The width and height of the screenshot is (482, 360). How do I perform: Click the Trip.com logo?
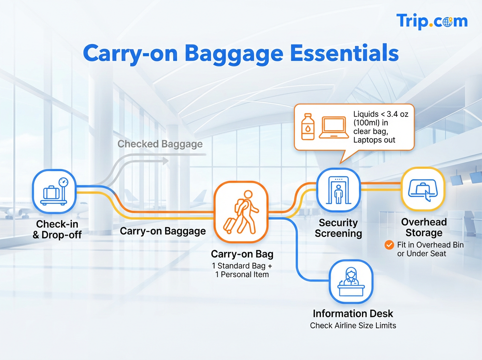(x=431, y=21)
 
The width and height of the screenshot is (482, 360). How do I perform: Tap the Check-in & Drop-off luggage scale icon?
(x=54, y=191)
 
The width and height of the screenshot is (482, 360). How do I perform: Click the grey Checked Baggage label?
(x=160, y=144)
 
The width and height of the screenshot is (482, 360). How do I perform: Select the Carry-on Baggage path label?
(x=163, y=231)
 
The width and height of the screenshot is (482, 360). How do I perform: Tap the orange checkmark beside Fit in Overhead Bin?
(x=389, y=245)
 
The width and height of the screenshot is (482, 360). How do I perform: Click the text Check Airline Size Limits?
(x=353, y=325)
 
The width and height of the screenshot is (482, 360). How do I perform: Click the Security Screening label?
(x=338, y=228)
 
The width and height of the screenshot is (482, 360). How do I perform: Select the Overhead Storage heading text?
(x=423, y=227)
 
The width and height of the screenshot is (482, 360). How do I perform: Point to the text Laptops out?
(x=374, y=140)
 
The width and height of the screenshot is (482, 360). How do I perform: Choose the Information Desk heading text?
(x=353, y=313)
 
